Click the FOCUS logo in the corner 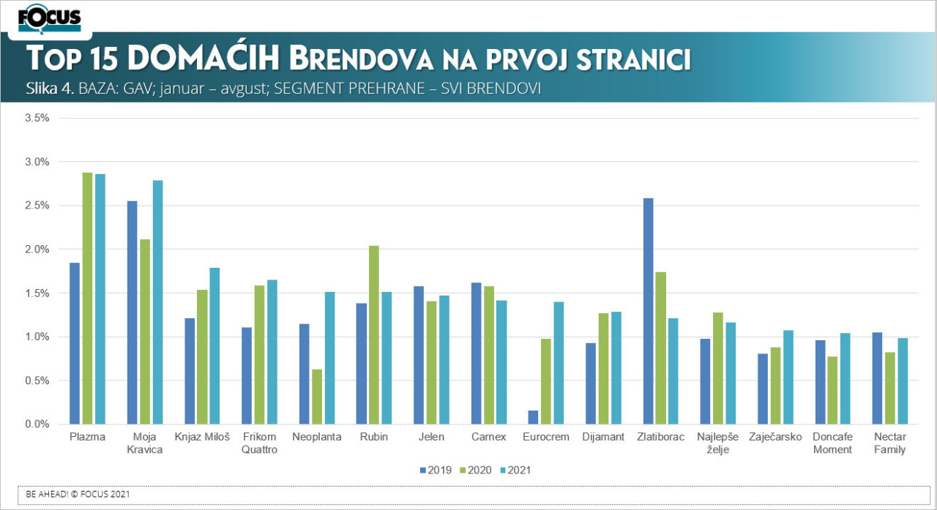(49, 18)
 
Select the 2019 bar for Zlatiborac (648, 311)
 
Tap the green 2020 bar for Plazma (87, 299)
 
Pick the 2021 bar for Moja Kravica (157, 302)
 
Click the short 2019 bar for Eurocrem (533, 417)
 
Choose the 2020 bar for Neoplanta (317, 397)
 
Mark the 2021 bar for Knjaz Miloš (214, 346)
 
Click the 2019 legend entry (436, 470)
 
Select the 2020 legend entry (477, 470)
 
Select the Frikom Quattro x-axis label (259, 443)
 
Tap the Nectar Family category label (889, 443)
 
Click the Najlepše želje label (717, 443)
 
